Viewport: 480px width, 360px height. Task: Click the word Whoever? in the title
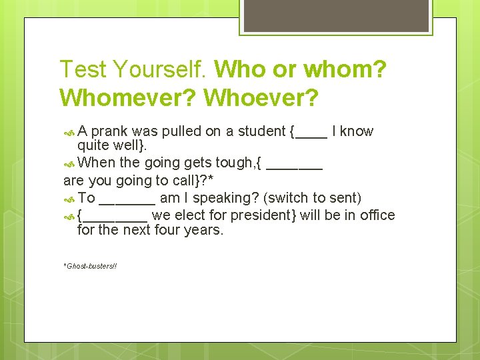(x=261, y=97)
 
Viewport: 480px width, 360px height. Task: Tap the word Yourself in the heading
(x=160, y=69)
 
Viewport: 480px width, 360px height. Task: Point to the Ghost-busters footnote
(x=90, y=266)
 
